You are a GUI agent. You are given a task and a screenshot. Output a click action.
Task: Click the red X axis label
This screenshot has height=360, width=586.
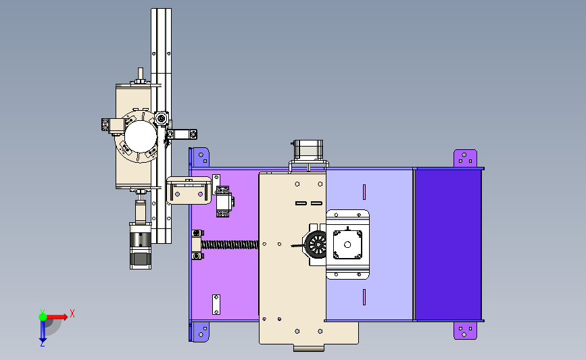[72, 313]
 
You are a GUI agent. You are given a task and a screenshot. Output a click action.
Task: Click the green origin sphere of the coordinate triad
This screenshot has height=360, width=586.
[43, 317]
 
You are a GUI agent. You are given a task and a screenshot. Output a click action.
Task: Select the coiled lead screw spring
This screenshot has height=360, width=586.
[230, 245]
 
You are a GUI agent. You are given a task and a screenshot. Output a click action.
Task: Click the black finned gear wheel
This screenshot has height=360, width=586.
[316, 245]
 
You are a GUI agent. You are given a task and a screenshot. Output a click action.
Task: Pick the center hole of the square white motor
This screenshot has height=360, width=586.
[347, 245]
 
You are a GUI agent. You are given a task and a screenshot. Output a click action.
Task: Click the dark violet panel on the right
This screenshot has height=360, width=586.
[449, 245]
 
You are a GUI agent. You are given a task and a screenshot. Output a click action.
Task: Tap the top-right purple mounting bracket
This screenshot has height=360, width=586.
[465, 158]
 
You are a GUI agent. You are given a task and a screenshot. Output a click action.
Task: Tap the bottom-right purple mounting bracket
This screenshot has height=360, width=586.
[465, 330]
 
